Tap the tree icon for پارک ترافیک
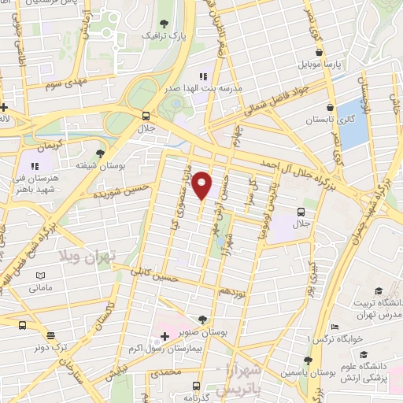click(165, 23)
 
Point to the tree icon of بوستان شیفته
click(101, 153)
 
